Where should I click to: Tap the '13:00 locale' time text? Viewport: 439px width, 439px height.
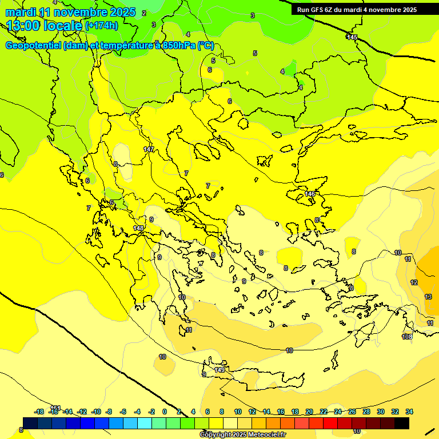(x=43, y=25)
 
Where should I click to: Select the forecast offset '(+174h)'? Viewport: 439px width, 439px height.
(x=101, y=26)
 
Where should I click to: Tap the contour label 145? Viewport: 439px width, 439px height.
(x=352, y=37)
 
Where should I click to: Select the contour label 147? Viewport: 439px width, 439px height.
(x=149, y=149)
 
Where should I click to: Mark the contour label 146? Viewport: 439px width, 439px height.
(x=310, y=194)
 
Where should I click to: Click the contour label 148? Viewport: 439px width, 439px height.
(x=138, y=228)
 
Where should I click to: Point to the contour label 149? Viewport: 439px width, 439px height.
(x=219, y=370)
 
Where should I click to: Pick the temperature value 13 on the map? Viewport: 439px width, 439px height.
(x=428, y=297)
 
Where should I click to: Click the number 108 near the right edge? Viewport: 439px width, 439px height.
(x=407, y=337)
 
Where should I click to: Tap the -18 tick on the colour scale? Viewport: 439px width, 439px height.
(x=39, y=412)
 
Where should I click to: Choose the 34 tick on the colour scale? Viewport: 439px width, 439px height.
(x=409, y=412)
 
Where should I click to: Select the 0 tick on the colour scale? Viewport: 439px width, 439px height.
(x=165, y=412)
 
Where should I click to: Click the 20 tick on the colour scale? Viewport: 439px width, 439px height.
(x=309, y=412)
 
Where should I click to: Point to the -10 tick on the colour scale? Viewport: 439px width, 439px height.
(x=96, y=412)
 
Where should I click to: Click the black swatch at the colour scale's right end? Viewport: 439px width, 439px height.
(x=402, y=423)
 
